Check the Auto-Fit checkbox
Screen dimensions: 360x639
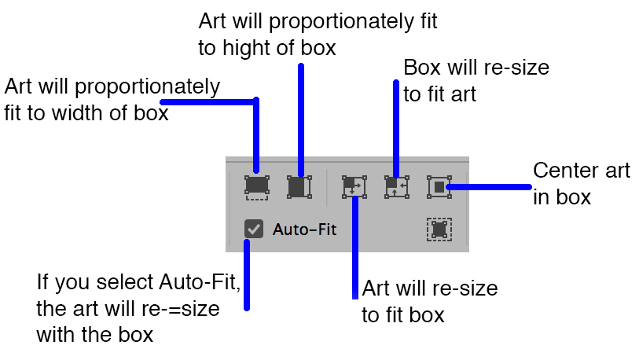tap(253, 229)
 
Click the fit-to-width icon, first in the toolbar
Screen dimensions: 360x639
tap(256, 186)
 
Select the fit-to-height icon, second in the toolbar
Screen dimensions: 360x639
tap(297, 186)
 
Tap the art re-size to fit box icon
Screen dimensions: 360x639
tap(354, 186)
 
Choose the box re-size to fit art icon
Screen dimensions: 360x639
tap(396, 186)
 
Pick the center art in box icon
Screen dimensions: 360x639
tap(439, 186)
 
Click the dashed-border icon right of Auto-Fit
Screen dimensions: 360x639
tap(439, 229)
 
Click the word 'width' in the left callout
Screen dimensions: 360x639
tap(88, 112)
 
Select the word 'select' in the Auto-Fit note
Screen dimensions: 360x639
tap(126, 281)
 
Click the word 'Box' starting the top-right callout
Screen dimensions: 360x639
tap(421, 68)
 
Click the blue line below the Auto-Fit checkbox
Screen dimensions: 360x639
tap(248, 275)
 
